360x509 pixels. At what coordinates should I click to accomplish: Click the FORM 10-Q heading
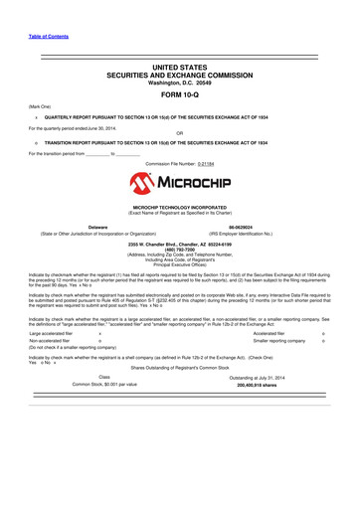point(179,96)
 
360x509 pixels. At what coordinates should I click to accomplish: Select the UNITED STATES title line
point(179,66)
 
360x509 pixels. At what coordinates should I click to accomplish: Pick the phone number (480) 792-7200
point(179,249)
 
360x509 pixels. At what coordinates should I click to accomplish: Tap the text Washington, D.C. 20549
point(179,83)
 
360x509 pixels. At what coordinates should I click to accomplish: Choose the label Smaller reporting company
point(274,341)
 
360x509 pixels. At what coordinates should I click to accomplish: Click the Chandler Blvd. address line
point(179,243)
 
